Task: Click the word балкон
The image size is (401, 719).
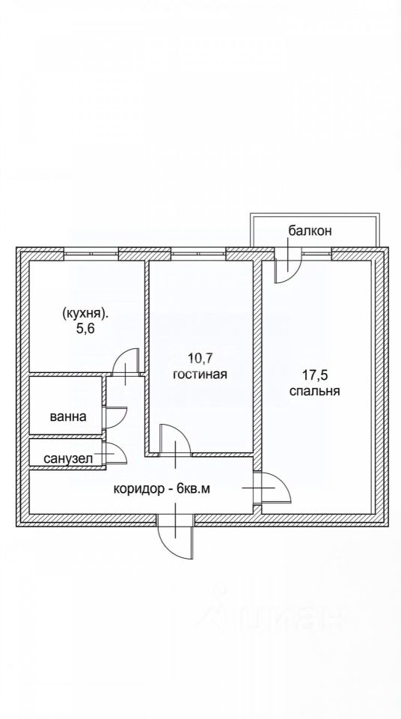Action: [x=310, y=230]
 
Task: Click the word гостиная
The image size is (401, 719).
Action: [x=200, y=374]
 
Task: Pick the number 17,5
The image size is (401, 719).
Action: [x=314, y=374]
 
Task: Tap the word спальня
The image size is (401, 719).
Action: [x=314, y=391]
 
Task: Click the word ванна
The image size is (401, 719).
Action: [x=68, y=417]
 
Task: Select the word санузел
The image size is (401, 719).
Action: [x=68, y=458]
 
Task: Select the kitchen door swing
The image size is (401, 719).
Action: [x=126, y=362]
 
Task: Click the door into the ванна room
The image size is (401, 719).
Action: [x=115, y=417]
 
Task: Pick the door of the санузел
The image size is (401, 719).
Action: [x=115, y=453]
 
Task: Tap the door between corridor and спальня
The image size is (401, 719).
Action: [x=272, y=488]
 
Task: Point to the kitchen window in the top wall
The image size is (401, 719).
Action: [x=91, y=253]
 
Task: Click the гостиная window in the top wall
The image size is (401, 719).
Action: [x=199, y=253]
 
